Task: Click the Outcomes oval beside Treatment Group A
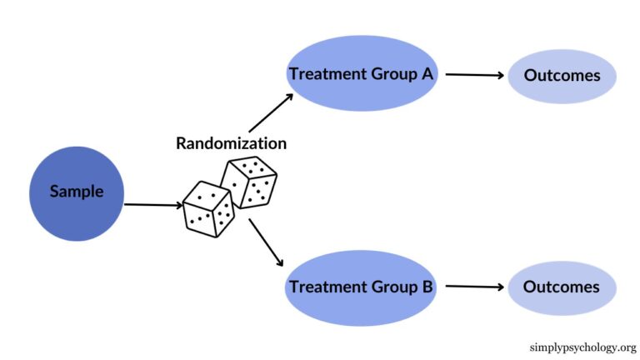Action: click(x=562, y=76)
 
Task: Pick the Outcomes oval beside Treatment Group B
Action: click(x=562, y=287)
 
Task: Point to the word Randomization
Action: click(x=231, y=143)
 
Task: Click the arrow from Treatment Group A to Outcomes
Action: click(x=475, y=75)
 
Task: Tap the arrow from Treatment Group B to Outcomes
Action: click(x=475, y=287)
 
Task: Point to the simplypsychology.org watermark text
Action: click(x=582, y=347)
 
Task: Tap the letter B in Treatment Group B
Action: click(x=426, y=287)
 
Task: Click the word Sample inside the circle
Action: click(x=77, y=192)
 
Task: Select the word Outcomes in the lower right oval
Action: click(x=562, y=287)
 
